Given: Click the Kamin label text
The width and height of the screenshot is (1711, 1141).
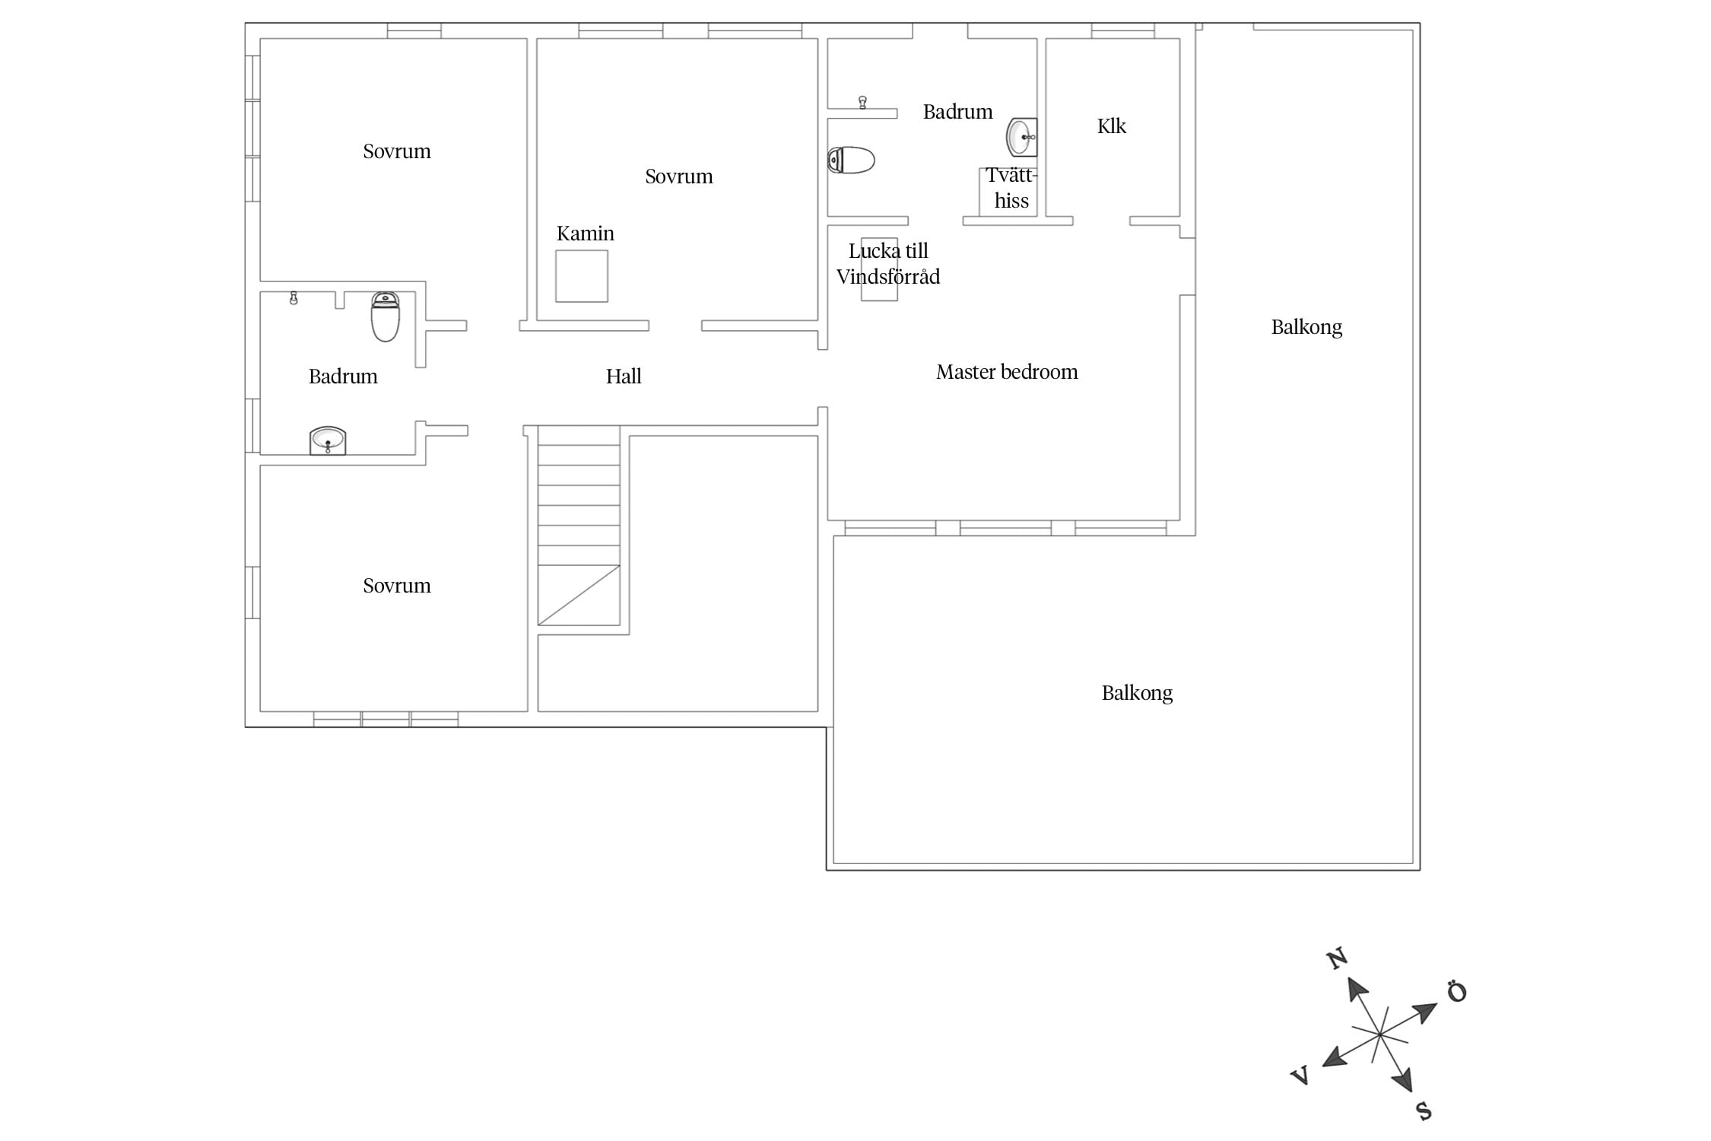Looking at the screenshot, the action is click(x=586, y=234).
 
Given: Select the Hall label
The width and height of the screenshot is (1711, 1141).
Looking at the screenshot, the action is click(x=624, y=377).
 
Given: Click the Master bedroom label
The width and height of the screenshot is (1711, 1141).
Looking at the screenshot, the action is click(x=1007, y=372).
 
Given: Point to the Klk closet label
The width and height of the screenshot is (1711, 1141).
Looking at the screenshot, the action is click(x=1112, y=126).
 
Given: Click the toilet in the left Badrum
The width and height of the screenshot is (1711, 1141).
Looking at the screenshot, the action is click(x=386, y=316).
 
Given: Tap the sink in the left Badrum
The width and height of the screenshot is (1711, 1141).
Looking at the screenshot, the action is click(x=328, y=440).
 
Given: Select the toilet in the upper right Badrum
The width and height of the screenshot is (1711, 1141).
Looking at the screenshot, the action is click(x=851, y=161).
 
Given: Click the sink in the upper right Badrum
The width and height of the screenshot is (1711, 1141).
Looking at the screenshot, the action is click(x=1021, y=137).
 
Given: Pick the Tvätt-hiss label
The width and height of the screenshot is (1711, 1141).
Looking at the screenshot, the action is click(x=1011, y=188).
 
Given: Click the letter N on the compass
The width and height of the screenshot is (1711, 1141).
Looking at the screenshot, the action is click(x=1338, y=958).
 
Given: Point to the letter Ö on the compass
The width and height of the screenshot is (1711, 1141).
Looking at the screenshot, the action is click(x=1456, y=992).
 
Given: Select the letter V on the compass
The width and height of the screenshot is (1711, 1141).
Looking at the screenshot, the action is click(x=1300, y=1075).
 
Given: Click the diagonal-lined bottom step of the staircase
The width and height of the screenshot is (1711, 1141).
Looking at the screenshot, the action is click(x=579, y=596).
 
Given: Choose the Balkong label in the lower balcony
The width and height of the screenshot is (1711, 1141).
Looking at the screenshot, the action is click(x=1137, y=694).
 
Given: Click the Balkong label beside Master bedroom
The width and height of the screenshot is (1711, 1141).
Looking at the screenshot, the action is click(x=1306, y=328).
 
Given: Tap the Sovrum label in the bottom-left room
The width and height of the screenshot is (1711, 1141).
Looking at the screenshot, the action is click(x=397, y=586).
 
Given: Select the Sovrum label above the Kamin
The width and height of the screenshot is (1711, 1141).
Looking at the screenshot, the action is click(x=679, y=176).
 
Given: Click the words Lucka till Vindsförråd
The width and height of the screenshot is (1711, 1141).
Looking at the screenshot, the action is click(x=888, y=264).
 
